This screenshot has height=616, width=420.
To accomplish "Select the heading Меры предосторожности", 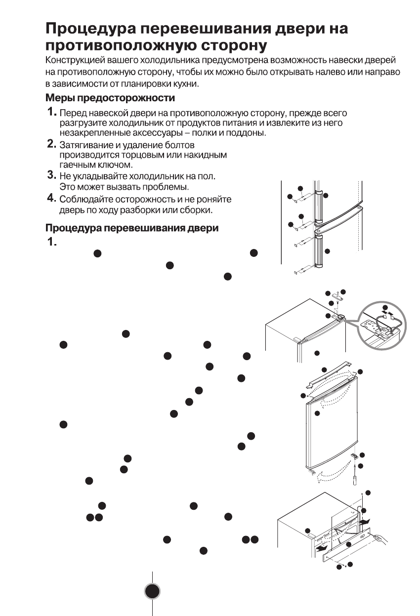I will (x=110, y=98).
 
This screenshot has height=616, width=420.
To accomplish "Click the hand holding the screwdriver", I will (x=381, y=538).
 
